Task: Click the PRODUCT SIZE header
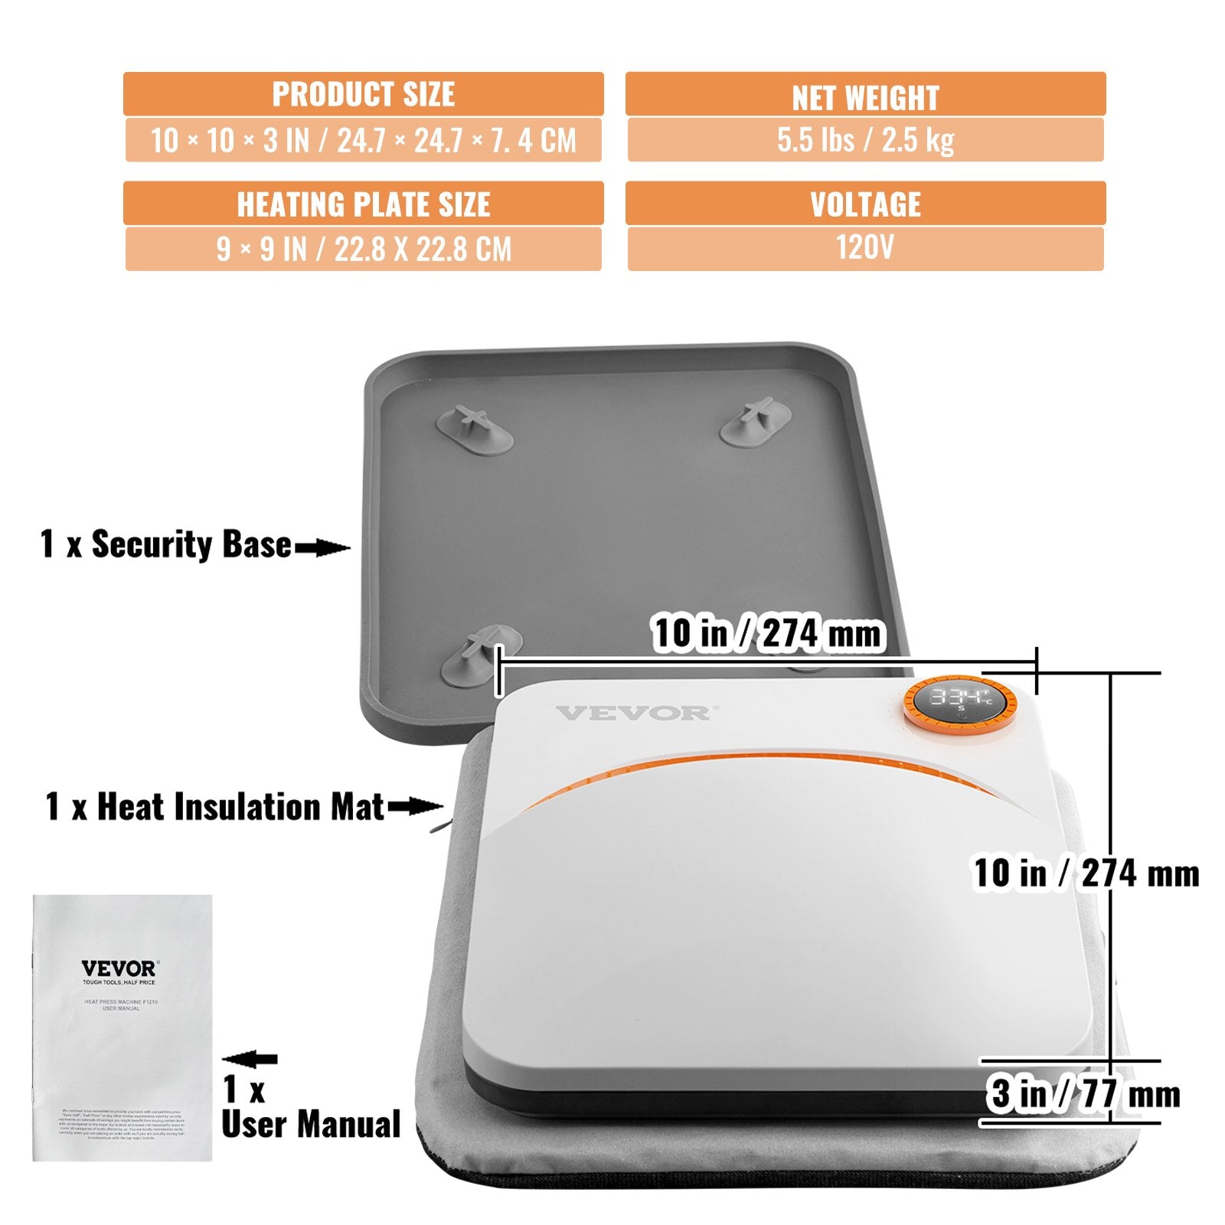pyautogui.click(x=363, y=94)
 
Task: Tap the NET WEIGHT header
pyautogui.click(x=865, y=96)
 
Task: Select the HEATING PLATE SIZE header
pyautogui.click(x=363, y=204)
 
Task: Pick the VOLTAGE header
pyautogui.click(x=865, y=204)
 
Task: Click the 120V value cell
pyautogui.click(x=865, y=248)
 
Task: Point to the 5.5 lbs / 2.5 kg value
pyautogui.click(x=865, y=139)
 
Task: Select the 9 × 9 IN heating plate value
pyautogui.click(x=363, y=249)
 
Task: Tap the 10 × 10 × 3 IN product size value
pyautogui.click(x=363, y=140)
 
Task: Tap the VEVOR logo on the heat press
pyautogui.click(x=633, y=714)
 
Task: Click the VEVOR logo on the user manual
pyautogui.click(x=119, y=969)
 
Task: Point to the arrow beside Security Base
pyautogui.click(x=322, y=547)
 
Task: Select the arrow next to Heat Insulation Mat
pyautogui.click(x=415, y=806)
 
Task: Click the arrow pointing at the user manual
pyautogui.click(x=250, y=1059)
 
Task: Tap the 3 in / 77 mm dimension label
pyautogui.click(x=1083, y=1093)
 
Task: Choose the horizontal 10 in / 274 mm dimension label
pyautogui.click(x=767, y=634)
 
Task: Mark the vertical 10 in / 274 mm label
pyautogui.click(x=1086, y=873)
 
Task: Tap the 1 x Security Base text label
pyautogui.click(x=165, y=544)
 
